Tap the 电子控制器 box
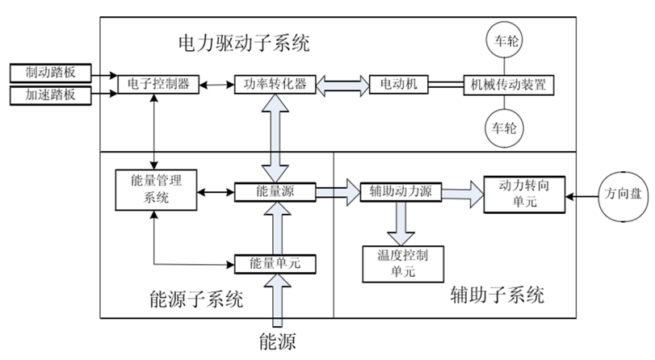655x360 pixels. coord(158,84)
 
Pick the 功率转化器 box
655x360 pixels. coord(271,84)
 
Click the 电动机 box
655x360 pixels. coord(398,84)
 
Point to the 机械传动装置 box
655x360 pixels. coord(508,84)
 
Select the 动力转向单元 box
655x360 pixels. coord(523,193)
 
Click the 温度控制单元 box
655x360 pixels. coord(395,263)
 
